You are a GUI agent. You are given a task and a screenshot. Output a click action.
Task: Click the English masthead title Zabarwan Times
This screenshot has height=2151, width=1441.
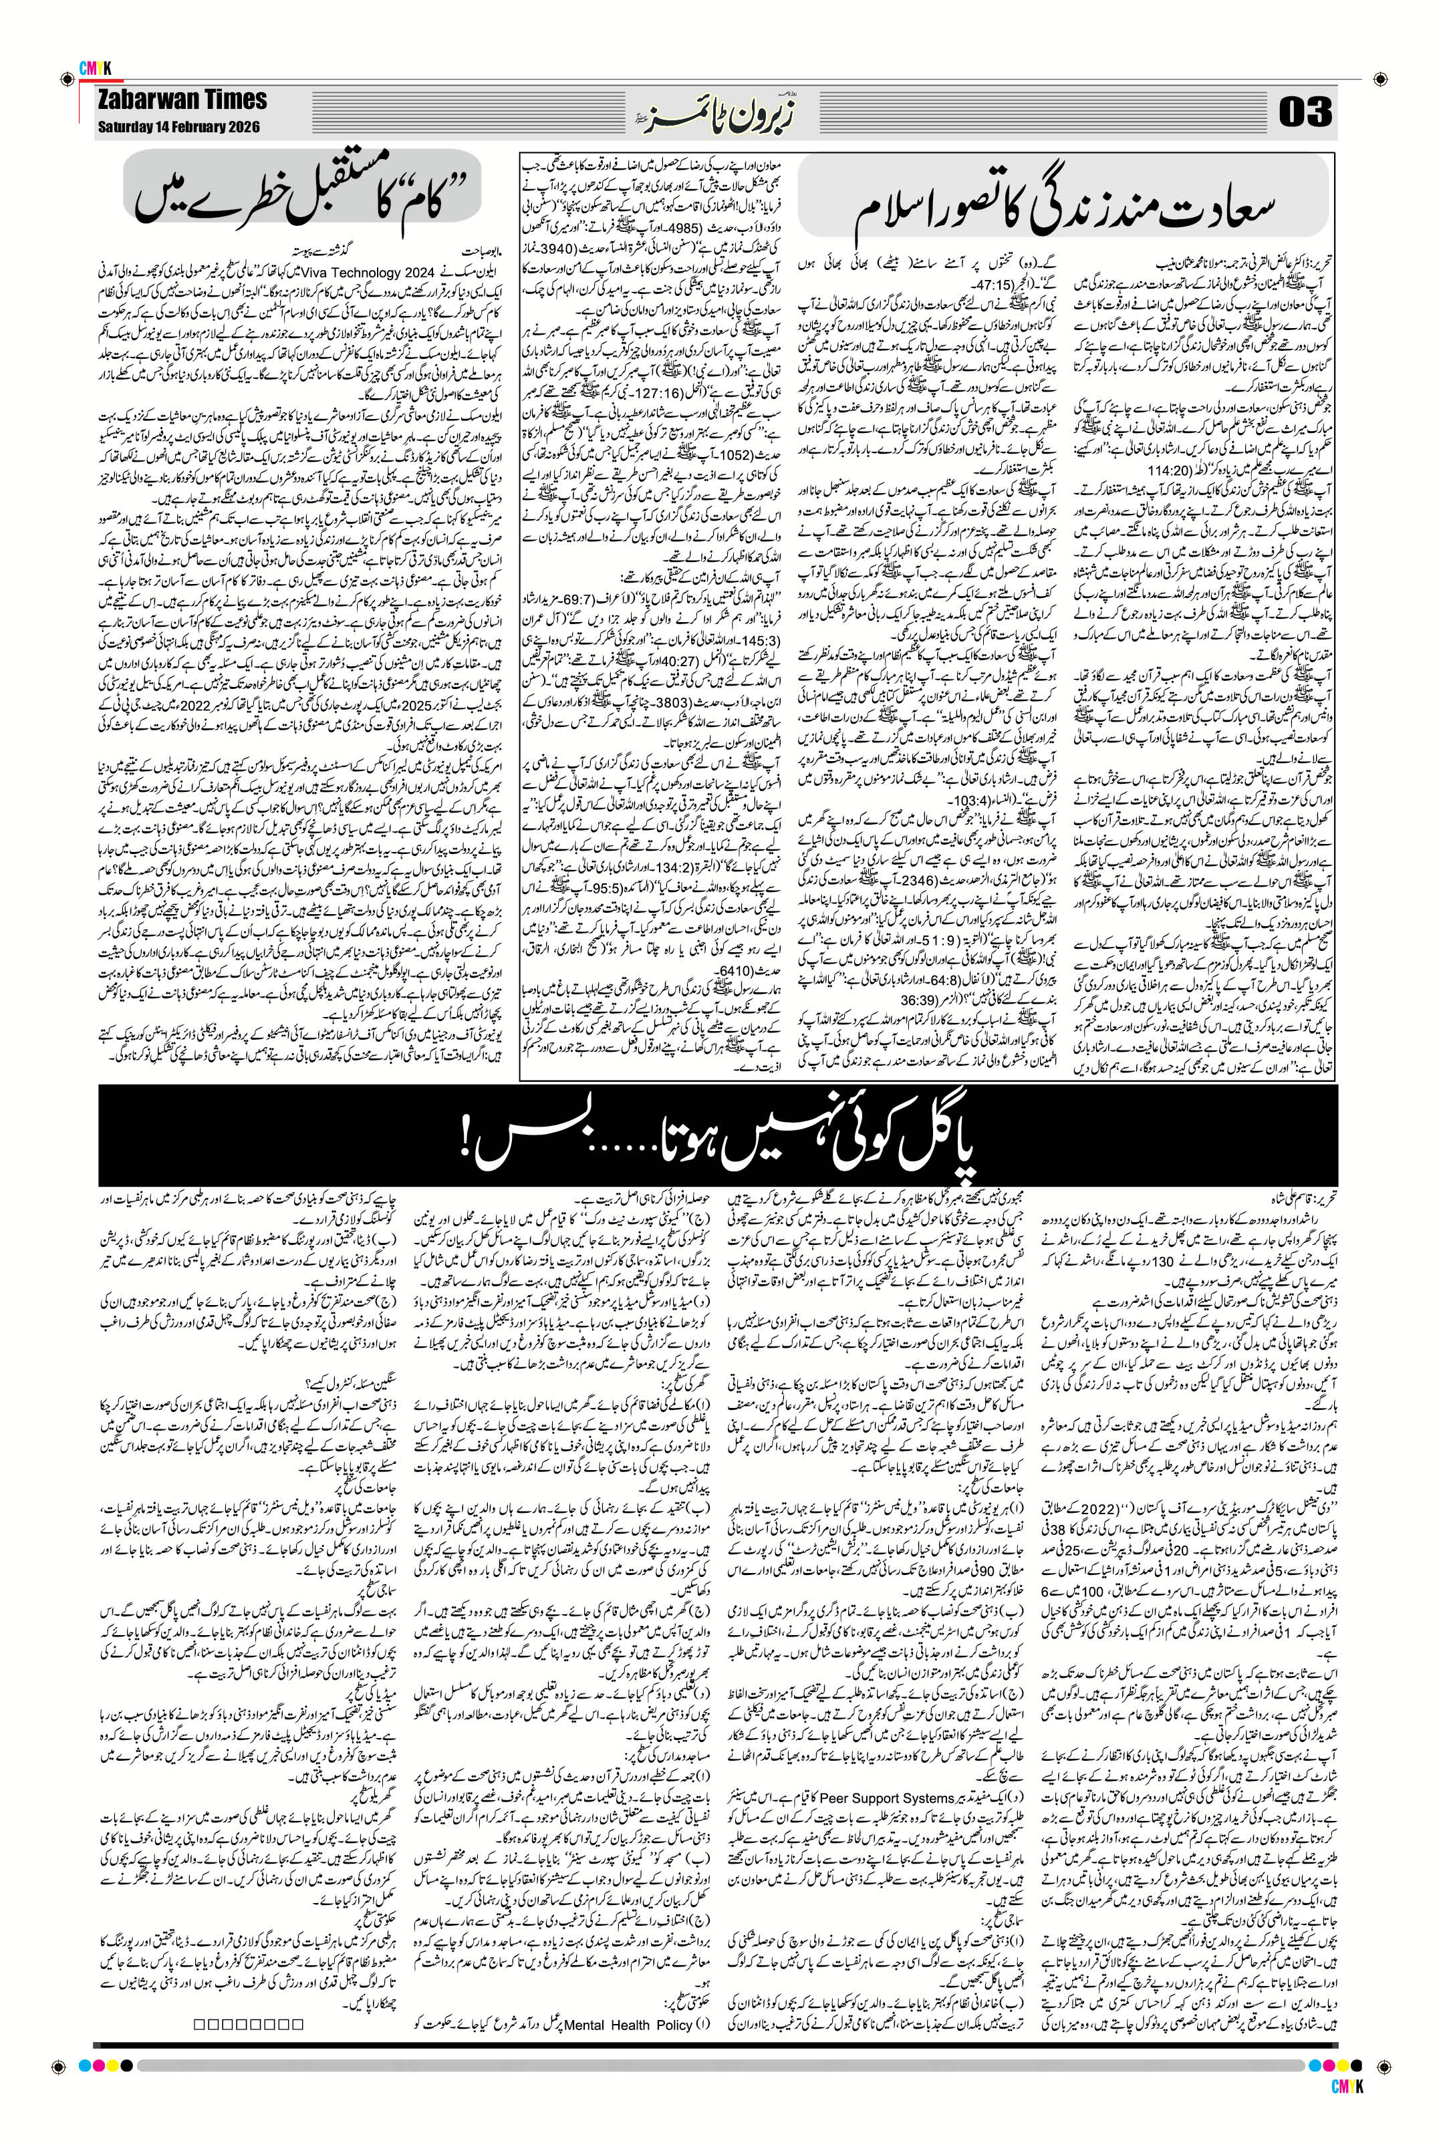pos(182,100)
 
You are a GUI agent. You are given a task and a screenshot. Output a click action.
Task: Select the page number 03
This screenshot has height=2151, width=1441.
pos(1305,113)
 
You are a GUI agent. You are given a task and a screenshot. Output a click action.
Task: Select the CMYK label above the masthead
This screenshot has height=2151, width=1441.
pos(95,68)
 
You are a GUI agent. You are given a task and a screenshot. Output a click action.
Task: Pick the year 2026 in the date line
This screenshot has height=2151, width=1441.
pos(241,127)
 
